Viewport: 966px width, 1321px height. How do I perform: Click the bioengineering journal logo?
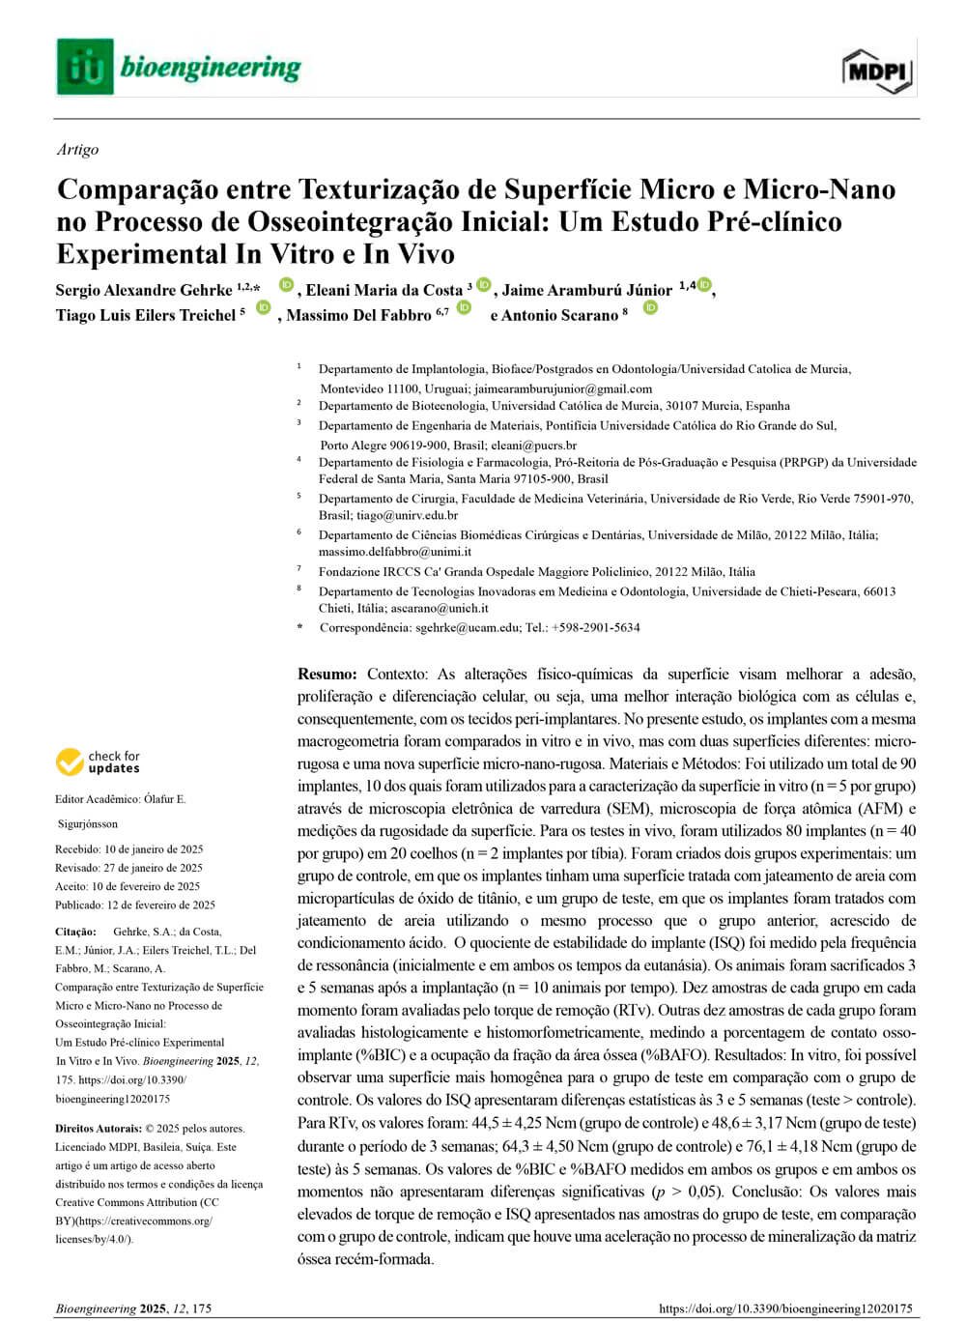[x=179, y=67]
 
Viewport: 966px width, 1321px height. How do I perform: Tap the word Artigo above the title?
[x=77, y=150]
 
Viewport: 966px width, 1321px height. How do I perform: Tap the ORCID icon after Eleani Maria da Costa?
[x=484, y=285]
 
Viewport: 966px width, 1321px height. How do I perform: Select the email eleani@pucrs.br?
[x=534, y=445]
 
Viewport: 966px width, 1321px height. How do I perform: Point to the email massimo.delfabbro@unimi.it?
[x=395, y=552]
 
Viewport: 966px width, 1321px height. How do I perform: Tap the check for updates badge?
[x=98, y=762]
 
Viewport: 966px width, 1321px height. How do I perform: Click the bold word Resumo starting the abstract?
[x=327, y=674]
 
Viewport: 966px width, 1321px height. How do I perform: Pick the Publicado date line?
[x=135, y=905]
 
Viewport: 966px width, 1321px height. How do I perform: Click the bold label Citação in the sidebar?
[x=75, y=933]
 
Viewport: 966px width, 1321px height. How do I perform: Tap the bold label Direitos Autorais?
[x=98, y=1129]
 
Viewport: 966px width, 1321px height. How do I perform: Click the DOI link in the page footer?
[x=784, y=1309]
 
